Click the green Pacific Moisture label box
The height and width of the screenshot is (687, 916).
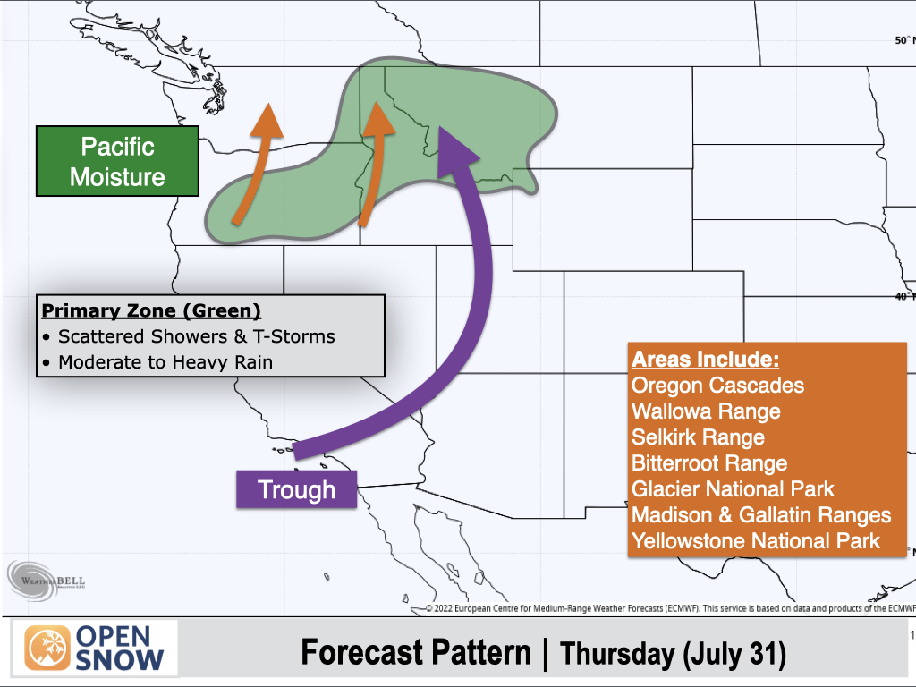click(x=117, y=161)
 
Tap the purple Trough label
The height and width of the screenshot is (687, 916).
click(x=296, y=489)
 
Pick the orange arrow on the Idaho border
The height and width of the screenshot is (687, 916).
click(x=375, y=165)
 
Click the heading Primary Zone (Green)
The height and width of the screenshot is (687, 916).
click(x=151, y=310)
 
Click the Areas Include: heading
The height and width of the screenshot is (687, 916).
click(x=705, y=360)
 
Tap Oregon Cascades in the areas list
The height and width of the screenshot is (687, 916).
click(x=717, y=386)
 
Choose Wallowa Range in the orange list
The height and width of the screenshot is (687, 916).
click(x=706, y=411)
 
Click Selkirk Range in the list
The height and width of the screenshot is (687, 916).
click(x=698, y=437)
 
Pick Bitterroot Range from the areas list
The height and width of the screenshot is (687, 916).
click(x=709, y=463)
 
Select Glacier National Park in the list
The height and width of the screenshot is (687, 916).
click(x=733, y=489)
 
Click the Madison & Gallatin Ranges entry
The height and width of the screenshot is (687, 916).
click(x=761, y=515)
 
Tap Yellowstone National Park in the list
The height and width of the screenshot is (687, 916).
click(x=755, y=541)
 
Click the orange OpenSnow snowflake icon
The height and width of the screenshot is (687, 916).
click(x=47, y=649)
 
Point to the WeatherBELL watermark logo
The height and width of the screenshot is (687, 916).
click(x=47, y=580)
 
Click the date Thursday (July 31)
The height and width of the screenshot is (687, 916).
click(x=673, y=654)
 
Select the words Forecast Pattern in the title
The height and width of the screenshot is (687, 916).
click(x=415, y=652)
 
